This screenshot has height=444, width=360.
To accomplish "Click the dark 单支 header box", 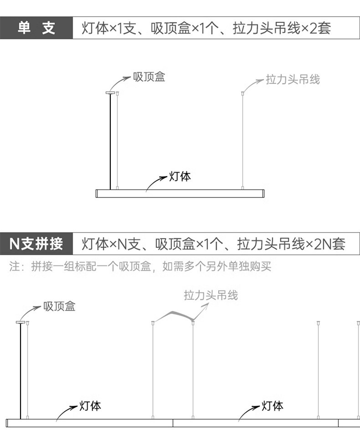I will coord(36,28).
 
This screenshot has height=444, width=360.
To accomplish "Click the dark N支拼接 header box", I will coord(36,244).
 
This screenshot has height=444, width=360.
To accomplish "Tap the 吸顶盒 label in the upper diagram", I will coord(149,77).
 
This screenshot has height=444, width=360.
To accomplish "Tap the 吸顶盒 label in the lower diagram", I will coord(59,306).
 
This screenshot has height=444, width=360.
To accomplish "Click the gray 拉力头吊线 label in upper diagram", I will coord(293,80).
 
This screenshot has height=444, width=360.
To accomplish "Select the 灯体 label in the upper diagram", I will coord(180,176).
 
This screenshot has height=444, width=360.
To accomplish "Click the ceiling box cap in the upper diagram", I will coord(110,93).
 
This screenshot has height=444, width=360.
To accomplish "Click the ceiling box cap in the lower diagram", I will coord(21,322).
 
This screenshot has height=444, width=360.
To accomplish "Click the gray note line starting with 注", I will coord(140,266).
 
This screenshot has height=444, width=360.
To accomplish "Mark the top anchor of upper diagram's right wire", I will coord(242,93).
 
